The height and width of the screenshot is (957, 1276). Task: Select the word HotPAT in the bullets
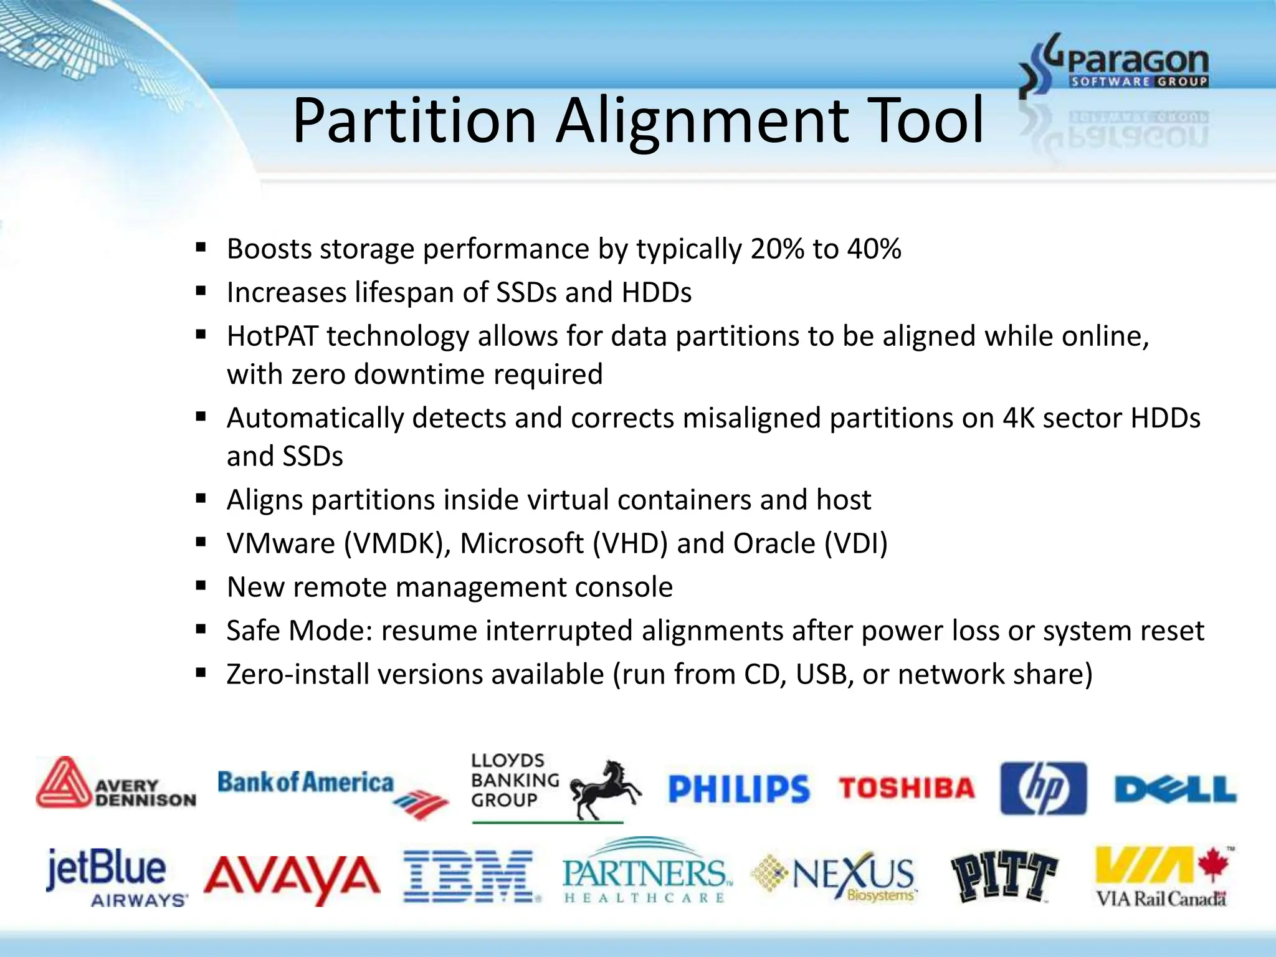tap(272, 336)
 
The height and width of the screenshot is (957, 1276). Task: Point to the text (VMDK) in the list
tap(398, 543)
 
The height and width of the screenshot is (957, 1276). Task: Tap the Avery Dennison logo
tap(116, 784)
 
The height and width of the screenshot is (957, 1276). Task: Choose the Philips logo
tap(738, 789)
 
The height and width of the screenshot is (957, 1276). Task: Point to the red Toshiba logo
tap(906, 789)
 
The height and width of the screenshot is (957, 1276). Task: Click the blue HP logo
tap(1043, 789)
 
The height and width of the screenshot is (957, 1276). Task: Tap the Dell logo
tap(1175, 790)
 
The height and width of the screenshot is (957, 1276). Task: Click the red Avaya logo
tap(292, 877)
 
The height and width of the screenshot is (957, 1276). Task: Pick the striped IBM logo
tap(470, 876)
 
